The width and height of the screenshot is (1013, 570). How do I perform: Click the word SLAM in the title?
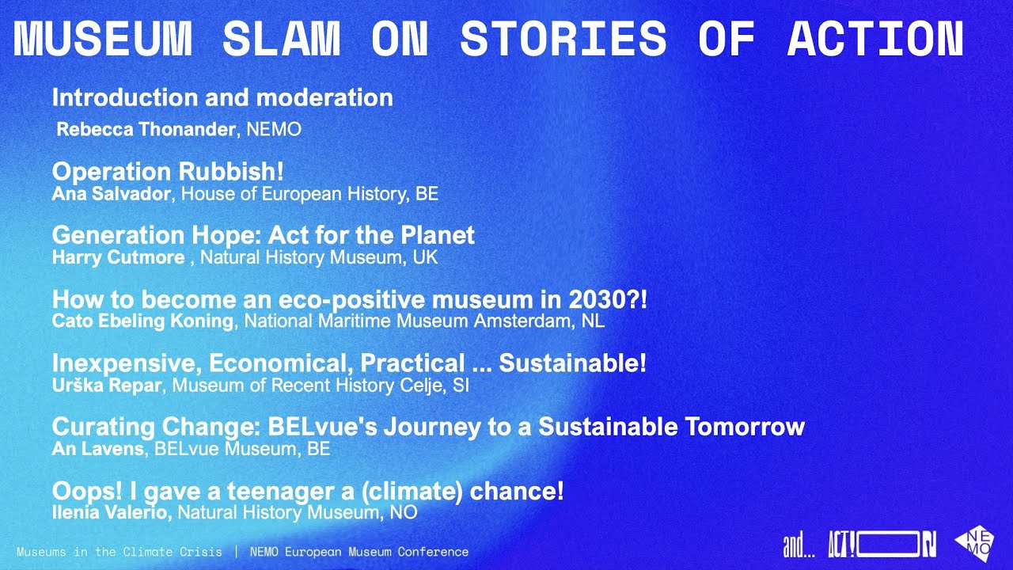point(282,38)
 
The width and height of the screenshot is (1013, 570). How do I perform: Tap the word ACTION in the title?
point(875,38)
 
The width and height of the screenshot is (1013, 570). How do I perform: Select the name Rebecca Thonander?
point(146,130)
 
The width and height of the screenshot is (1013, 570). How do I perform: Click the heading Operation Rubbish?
point(168,172)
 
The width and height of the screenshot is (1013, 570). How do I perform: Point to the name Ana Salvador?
point(111,194)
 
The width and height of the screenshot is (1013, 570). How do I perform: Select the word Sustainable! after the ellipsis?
point(572,363)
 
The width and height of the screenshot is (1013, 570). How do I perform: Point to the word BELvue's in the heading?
point(323,427)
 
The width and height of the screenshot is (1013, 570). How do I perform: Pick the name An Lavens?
point(98,449)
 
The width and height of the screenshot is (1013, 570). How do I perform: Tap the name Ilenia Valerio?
point(112,513)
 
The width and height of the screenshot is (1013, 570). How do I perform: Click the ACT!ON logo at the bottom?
point(882,545)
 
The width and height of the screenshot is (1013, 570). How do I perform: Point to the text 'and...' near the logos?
point(799,545)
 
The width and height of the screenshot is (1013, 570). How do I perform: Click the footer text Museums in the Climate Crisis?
point(120,552)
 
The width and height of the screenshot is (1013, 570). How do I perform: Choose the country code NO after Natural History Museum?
point(403,513)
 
